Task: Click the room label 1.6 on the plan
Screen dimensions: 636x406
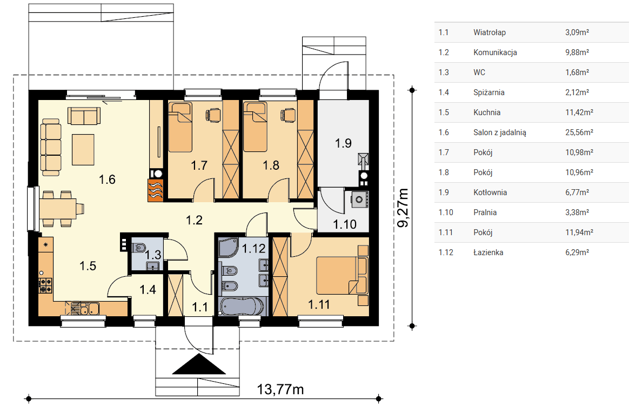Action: pyautogui.click(x=107, y=179)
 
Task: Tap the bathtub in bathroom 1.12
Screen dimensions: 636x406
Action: pyautogui.click(x=242, y=306)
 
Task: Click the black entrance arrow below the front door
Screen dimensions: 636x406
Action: pyautogui.click(x=199, y=364)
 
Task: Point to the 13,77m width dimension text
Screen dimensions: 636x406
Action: pyautogui.click(x=280, y=389)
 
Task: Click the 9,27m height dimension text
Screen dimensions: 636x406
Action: pyautogui.click(x=403, y=208)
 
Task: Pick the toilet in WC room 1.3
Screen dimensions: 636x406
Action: pyautogui.click(x=139, y=247)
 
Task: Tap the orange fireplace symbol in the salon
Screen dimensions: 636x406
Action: pyautogui.click(x=155, y=190)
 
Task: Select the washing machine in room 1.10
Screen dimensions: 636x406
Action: pyautogui.click(x=359, y=199)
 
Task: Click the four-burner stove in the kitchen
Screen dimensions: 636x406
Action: pyautogui.click(x=45, y=285)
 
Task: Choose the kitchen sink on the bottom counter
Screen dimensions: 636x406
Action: pyautogui.click(x=90, y=309)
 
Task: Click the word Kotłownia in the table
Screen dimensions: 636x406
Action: pyautogui.click(x=490, y=192)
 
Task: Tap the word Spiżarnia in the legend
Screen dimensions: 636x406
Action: pyautogui.click(x=489, y=92)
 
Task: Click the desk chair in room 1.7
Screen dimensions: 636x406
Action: pyautogui.click(x=213, y=115)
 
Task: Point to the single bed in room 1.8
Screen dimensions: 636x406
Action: pyautogui.click(x=255, y=127)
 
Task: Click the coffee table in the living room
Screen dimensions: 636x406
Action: pyautogui.click(x=83, y=149)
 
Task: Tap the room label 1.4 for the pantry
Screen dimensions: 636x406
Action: pyautogui.click(x=148, y=289)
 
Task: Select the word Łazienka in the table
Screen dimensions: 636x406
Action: pyautogui.click(x=488, y=252)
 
